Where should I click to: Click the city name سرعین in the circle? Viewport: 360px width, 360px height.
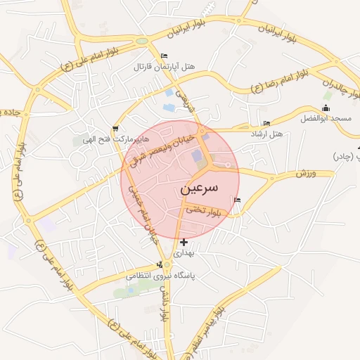click(199, 188)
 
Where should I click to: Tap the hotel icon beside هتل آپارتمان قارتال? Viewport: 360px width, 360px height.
click(165, 56)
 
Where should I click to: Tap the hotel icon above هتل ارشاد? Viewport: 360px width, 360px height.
click(266, 124)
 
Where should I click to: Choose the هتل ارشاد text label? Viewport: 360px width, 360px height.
click(266, 134)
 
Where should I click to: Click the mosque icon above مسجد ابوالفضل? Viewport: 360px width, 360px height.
click(325, 108)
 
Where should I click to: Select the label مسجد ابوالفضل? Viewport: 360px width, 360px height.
click(326, 119)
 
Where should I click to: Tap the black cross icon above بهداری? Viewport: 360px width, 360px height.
click(184, 243)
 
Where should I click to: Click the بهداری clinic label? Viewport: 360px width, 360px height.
click(183, 252)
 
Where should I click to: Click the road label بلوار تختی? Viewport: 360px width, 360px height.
click(205, 210)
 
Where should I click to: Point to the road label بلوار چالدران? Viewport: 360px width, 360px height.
click(336, 84)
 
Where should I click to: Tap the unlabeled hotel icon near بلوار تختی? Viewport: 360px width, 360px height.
click(237, 200)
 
